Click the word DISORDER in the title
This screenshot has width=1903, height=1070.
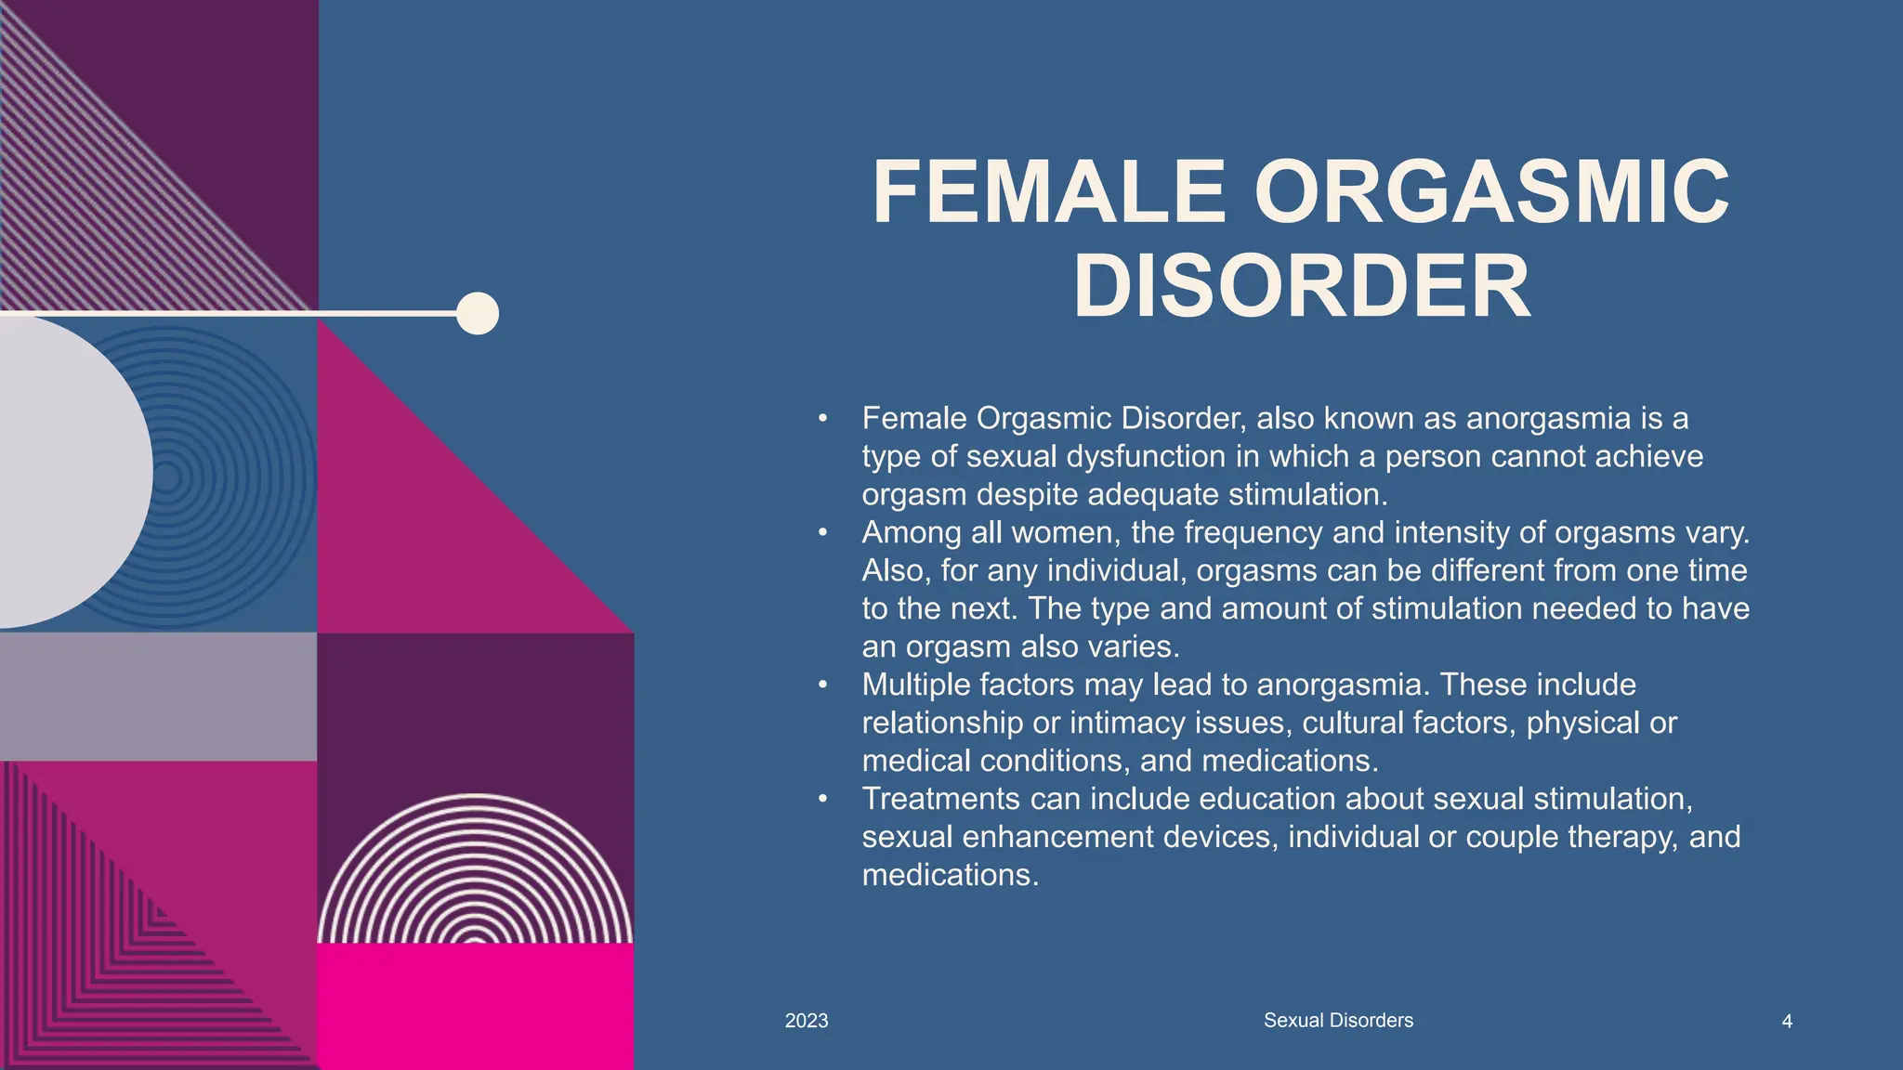tap(1301, 287)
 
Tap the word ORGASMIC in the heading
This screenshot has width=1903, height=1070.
tap(1491, 193)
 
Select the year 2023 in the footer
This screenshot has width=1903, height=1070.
tap(807, 1021)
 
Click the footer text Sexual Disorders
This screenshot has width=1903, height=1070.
tap(1338, 1020)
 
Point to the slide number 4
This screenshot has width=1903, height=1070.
tap(1787, 1022)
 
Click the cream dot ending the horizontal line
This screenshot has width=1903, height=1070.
tap(478, 313)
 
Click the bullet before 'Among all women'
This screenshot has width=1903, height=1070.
tap(822, 533)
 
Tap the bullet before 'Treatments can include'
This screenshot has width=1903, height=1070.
tap(822, 799)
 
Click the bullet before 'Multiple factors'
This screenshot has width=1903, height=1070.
tap(822, 685)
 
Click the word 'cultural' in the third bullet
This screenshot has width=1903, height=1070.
tap(1354, 723)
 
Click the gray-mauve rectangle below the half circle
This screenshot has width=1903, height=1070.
tap(158, 697)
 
